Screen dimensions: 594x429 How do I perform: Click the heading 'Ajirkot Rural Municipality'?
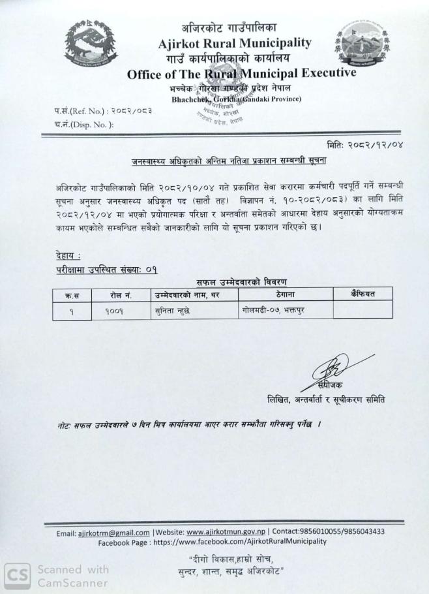click(x=235, y=43)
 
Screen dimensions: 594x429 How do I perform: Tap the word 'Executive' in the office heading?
click(x=323, y=73)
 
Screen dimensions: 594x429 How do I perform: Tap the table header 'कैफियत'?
click(x=362, y=294)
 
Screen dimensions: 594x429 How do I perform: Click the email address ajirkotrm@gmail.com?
click(x=114, y=532)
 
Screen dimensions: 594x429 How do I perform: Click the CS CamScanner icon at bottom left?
click(x=14, y=574)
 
